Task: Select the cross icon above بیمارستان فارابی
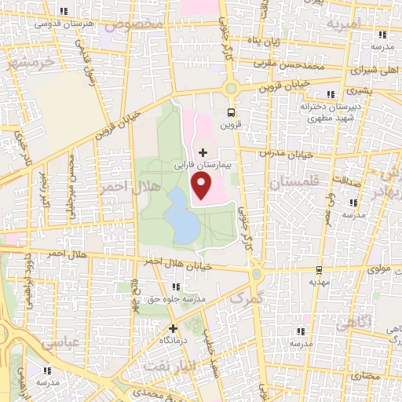point(203,152)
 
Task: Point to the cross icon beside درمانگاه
point(173,329)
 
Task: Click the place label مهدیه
point(317,280)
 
